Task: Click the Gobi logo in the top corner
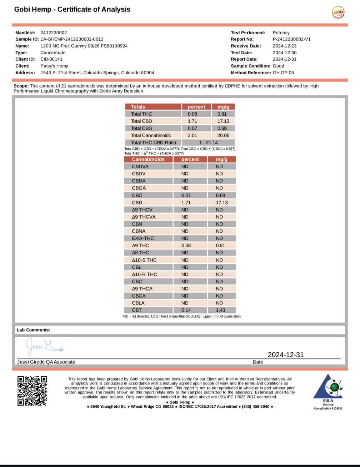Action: (338, 12)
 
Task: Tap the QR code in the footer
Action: (32, 391)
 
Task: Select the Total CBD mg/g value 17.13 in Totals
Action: (223, 121)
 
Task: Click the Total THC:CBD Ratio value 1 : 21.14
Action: (208, 143)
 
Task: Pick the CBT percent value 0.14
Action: (186, 310)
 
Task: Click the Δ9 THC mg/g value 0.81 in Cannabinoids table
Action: (220, 245)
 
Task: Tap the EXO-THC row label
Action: (143, 238)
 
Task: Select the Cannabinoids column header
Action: (148, 159)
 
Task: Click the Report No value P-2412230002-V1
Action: (291, 39)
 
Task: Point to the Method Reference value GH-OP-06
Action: (283, 73)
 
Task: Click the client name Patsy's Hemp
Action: (54, 66)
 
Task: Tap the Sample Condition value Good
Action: (278, 66)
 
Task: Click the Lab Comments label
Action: (34, 330)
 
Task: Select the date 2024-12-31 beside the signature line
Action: (286, 354)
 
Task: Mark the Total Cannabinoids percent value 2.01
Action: (192, 135)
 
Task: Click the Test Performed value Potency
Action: (281, 33)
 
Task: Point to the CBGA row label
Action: (139, 188)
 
